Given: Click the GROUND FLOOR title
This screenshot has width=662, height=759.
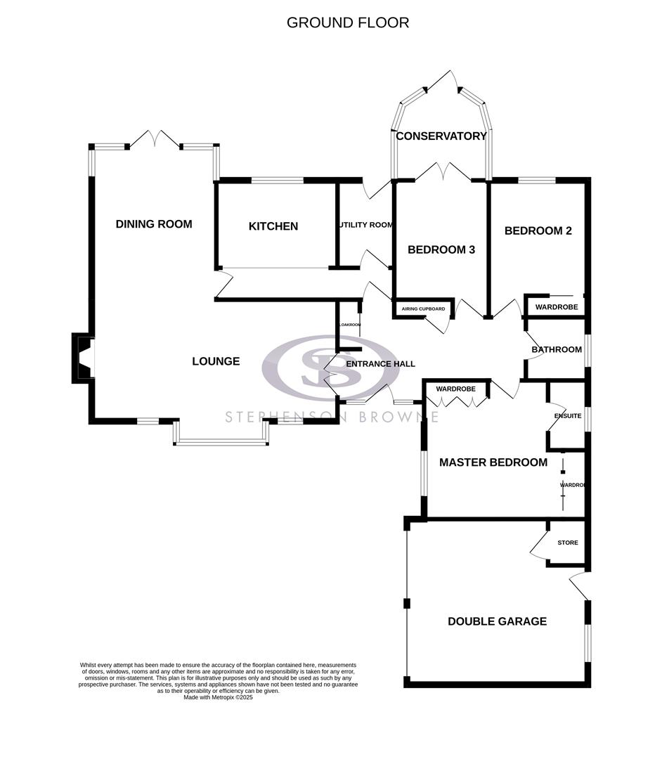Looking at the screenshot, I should coord(347,22).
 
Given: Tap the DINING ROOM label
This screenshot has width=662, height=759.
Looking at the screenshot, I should coord(154,224).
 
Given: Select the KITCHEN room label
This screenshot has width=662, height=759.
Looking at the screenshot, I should coord(273,226).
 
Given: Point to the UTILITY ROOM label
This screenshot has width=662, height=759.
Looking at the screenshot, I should coord(365,225).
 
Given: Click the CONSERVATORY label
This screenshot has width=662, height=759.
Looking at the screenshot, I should coord(441,136).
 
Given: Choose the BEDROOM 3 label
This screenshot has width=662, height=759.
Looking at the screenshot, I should coord(441,249).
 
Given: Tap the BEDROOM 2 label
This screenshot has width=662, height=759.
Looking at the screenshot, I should coord(538,231).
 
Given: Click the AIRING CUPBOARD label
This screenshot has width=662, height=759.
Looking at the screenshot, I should coord(422,309).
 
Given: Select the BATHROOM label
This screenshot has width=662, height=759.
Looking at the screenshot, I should coord(556,349).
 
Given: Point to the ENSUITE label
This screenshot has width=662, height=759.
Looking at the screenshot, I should coord(568,416).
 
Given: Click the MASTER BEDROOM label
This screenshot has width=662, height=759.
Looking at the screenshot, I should coord(493,462).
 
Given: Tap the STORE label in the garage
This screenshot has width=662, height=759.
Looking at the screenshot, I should coord(567,543).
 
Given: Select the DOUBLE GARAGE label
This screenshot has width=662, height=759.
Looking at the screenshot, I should coord(497,621).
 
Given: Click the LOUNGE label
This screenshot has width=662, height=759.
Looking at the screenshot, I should coord(216,361).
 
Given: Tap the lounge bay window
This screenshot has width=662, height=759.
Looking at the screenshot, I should coord(221,442).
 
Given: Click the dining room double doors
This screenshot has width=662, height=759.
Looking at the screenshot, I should coord(155,138).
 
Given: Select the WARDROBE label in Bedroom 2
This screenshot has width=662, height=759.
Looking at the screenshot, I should coord(556,307).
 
